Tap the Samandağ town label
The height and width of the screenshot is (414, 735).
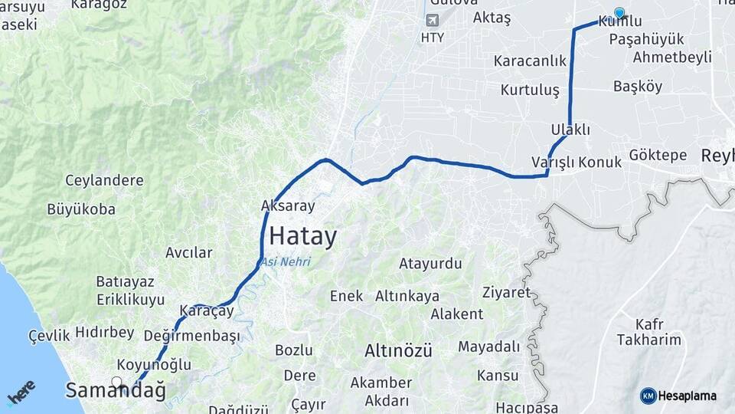[116, 390]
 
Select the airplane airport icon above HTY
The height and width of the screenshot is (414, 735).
[432, 20]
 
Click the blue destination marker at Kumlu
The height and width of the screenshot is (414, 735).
[619, 13]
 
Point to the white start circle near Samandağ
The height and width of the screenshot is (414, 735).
[116, 381]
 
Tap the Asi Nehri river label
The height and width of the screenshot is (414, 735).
[286, 262]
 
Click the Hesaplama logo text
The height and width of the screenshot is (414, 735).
[687, 396]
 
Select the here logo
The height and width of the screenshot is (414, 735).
[21, 393]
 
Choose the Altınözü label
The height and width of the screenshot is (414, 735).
[398, 351]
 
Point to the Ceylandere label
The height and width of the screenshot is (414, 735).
[104, 181]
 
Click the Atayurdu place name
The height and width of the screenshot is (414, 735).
[430, 264]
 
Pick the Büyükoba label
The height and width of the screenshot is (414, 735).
[81, 209]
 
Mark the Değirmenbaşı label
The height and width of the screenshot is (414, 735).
[197, 336]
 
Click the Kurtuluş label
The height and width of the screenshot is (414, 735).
[530, 90]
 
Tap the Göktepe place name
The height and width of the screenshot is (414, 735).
[658, 155]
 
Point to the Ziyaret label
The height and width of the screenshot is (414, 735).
[507, 292]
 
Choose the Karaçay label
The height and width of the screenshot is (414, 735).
[206, 311]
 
